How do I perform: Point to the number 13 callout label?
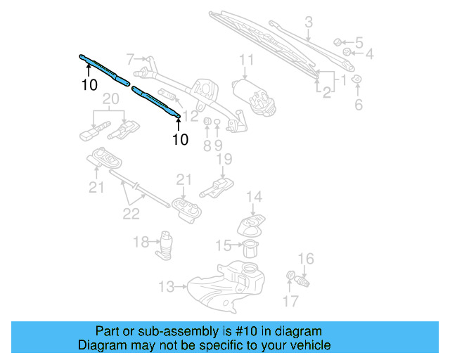(x=166, y=286)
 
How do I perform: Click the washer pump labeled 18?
(x=167, y=243)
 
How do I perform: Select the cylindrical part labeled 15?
(x=250, y=247)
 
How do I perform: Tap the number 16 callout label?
(x=307, y=259)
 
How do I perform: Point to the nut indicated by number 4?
(x=347, y=52)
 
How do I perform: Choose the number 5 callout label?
(x=359, y=41)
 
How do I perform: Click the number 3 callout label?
(x=308, y=25)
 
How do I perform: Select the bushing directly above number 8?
(x=207, y=124)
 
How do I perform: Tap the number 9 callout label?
(x=218, y=146)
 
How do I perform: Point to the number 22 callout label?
(x=131, y=214)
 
